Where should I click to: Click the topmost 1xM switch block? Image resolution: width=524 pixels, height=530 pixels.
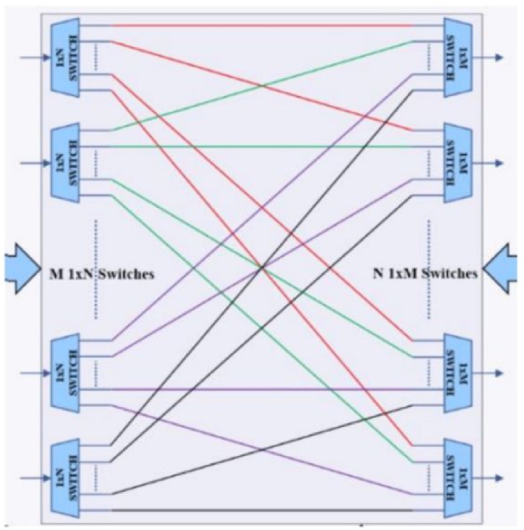(x=457, y=58)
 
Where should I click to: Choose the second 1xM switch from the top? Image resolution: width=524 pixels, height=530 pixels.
(x=457, y=163)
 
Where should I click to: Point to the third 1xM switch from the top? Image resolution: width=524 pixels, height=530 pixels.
(x=457, y=373)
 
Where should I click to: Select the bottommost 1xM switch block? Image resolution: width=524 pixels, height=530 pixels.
(x=457, y=478)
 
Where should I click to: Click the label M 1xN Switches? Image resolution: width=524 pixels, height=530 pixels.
(x=101, y=274)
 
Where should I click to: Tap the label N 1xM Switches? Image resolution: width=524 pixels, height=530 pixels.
(x=425, y=274)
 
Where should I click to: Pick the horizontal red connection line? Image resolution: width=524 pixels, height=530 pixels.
(x=261, y=26)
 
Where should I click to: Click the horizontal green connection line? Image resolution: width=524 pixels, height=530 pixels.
(x=261, y=147)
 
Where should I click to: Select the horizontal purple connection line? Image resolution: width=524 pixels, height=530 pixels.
(x=261, y=389)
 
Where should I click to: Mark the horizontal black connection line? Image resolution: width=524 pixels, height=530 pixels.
(x=261, y=510)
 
